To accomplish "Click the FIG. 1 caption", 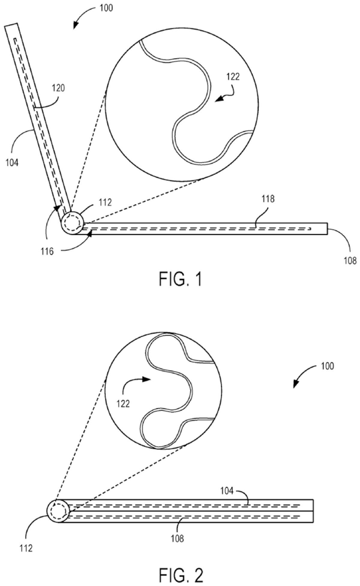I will pyautogui.click(x=180, y=279).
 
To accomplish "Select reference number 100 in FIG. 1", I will pyautogui.click(x=106, y=8).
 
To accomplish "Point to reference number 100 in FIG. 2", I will pyautogui.click(x=327, y=366).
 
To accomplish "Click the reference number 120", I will pyautogui.click(x=58, y=89).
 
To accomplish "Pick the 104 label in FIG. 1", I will pyautogui.click(x=12, y=163).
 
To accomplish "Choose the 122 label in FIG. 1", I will pyautogui.click(x=233, y=77).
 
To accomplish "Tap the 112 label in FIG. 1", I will pyautogui.click(x=105, y=203).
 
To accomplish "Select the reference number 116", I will pyautogui.click(x=47, y=251).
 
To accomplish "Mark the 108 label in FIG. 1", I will pyautogui.click(x=350, y=260).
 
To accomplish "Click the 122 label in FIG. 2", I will pyautogui.click(x=123, y=404).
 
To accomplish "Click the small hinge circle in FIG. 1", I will pyautogui.click(x=72, y=223).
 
